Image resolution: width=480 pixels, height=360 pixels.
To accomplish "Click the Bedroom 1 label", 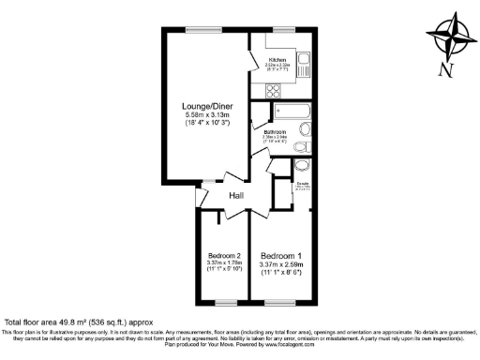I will click(279, 256).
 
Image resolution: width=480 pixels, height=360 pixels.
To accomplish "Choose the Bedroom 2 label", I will click(224, 256).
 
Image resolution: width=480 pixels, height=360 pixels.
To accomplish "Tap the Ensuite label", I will click(305, 184).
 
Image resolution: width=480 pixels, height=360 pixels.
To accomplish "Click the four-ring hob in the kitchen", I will click(274, 91).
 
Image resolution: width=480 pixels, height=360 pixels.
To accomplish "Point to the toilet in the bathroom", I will click(300, 149).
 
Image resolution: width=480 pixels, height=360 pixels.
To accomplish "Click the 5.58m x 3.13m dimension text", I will click(209, 115).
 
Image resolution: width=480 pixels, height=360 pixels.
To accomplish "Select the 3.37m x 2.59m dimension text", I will click(279, 265).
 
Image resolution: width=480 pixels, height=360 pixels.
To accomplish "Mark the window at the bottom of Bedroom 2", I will click(225, 302).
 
